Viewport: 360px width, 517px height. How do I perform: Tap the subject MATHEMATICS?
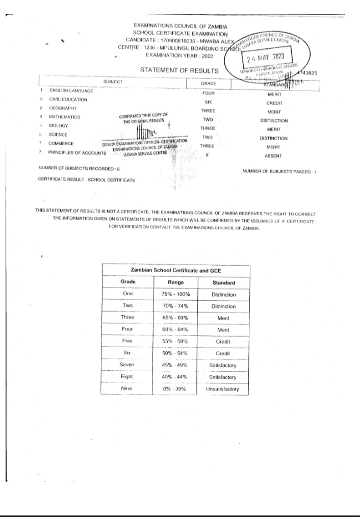pyautogui.click(x=64, y=117)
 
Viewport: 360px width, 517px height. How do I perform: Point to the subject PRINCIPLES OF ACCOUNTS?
pyautogui.click(x=76, y=152)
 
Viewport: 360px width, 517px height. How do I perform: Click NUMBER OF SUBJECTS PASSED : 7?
pyautogui.click(x=279, y=171)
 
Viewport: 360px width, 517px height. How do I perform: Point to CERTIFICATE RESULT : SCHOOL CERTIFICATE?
pyautogui.click(x=87, y=180)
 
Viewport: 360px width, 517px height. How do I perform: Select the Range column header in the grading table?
pyautogui.click(x=175, y=282)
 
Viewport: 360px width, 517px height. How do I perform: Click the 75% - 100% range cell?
pyautogui.click(x=175, y=295)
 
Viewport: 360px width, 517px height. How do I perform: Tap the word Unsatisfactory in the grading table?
pyautogui.click(x=223, y=389)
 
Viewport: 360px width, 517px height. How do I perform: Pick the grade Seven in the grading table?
pyautogui.click(x=127, y=365)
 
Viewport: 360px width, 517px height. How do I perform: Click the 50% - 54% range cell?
pyautogui.click(x=175, y=353)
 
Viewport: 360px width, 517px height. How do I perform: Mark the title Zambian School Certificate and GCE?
pyautogui.click(x=175, y=270)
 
